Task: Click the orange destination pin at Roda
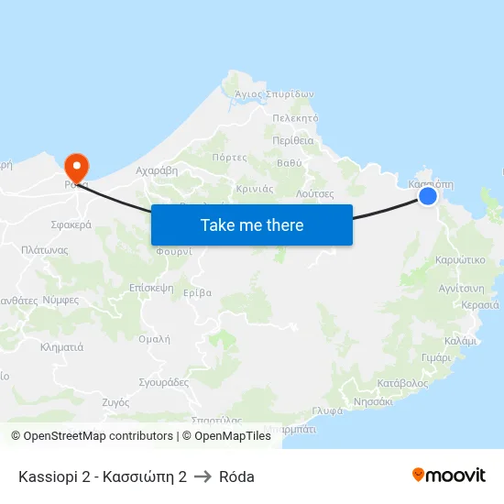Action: coord(75,166)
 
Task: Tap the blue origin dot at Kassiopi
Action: coord(427,195)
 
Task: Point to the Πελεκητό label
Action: coord(295,118)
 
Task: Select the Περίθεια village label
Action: coord(293,140)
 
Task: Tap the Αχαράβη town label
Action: coord(156,170)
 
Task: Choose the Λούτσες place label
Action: coord(315,194)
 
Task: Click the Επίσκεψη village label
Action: coord(151,287)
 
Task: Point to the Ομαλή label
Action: coord(153,338)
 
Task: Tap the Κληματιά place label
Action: coord(62,347)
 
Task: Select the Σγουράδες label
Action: coord(163,382)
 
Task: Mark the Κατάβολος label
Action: coord(402,383)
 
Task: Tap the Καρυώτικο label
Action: coord(461,260)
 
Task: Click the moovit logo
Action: coord(449,476)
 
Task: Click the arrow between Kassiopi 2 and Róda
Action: coord(203,477)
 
